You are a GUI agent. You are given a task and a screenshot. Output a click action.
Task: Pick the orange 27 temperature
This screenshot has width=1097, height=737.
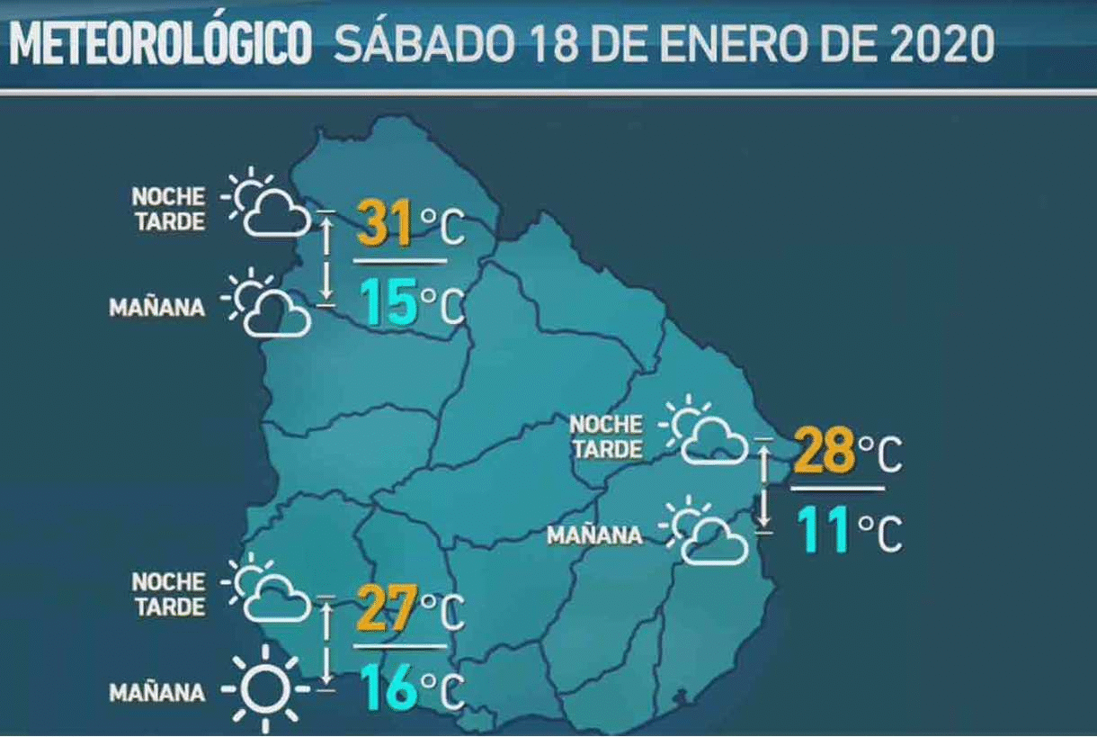pos(386,609)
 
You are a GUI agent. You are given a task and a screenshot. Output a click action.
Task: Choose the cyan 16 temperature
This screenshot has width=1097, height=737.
pos(389,689)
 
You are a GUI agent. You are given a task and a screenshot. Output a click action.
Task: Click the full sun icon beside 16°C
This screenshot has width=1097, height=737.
pos(265,690)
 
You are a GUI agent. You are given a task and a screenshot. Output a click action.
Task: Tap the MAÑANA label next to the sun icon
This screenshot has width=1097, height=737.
pos(156,693)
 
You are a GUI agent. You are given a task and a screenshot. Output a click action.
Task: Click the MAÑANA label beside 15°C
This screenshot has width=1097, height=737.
pos(156,308)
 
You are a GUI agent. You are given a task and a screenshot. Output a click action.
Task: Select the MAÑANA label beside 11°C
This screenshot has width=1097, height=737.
pos(594,535)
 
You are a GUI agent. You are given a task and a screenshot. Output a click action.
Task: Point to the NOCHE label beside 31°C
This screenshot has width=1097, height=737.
pos(168,196)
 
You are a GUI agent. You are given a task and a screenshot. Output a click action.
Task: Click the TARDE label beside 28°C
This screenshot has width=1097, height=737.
pos(607,449)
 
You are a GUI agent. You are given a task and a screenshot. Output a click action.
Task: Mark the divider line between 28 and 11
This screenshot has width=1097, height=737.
pos(837,489)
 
